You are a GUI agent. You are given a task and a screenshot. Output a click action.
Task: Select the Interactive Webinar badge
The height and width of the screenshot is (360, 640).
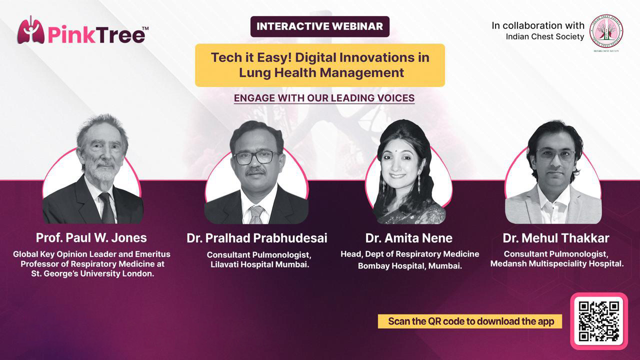(x=319, y=26)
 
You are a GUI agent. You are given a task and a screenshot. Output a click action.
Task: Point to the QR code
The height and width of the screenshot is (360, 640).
(x=599, y=321)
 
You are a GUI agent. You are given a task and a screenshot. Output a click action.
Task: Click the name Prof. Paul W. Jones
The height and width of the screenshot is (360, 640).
(x=91, y=237)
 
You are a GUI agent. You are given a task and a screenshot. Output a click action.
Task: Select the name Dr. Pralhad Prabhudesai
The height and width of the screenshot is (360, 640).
(x=257, y=238)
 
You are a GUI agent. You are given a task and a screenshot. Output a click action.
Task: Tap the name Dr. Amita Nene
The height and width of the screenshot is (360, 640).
(x=409, y=238)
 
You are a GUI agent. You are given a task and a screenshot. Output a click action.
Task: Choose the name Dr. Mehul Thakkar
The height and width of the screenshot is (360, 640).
(x=556, y=238)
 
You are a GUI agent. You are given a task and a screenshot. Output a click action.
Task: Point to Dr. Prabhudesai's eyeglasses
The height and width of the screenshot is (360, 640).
(x=255, y=157)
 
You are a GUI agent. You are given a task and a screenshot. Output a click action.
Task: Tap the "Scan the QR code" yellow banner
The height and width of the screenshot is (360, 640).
(x=470, y=321)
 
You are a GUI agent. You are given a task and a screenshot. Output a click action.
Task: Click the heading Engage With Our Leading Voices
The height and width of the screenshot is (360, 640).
(x=324, y=98)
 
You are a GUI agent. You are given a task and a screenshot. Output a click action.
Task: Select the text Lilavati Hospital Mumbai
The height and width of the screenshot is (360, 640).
(x=259, y=264)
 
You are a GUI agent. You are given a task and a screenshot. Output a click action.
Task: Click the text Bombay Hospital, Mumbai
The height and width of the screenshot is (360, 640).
(x=410, y=266)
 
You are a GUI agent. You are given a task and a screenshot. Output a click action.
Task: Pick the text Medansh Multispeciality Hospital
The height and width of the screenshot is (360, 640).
(x=557, y=263)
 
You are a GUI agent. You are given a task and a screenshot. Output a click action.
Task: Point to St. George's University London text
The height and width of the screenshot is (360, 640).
(x=92, y=273)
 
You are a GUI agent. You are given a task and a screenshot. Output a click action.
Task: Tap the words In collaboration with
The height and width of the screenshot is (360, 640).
(x=538, y=25)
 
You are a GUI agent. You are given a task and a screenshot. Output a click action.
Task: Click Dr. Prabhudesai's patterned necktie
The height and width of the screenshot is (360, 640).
(x=255, y=215)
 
